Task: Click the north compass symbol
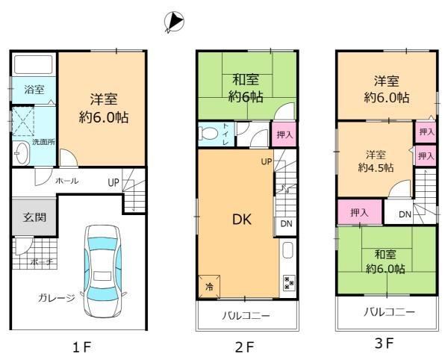pos(174,22)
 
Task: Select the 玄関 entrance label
pos(34,217)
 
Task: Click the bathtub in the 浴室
pos(34,64)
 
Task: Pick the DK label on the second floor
pos(242,220)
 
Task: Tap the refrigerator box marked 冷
pos(209,286)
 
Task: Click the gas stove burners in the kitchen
pos(289,283)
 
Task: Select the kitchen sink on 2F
pos(287,250)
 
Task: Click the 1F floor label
pos(81,347)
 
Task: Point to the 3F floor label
pos(385,343)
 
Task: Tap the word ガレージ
pos(57,298)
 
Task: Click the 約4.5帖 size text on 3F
pos(376,167)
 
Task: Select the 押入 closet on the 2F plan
pos(284,134)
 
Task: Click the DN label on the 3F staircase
pos(405,214)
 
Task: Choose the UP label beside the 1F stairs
pos(113,182)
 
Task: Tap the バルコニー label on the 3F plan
pos(389,312)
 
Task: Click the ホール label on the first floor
pos(67,181)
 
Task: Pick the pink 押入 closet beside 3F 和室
pos(359,212)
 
